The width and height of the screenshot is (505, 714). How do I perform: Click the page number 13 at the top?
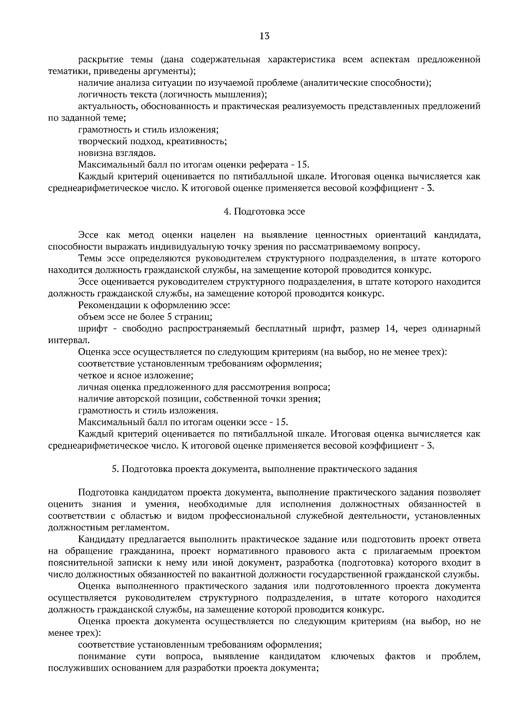(264, 36)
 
